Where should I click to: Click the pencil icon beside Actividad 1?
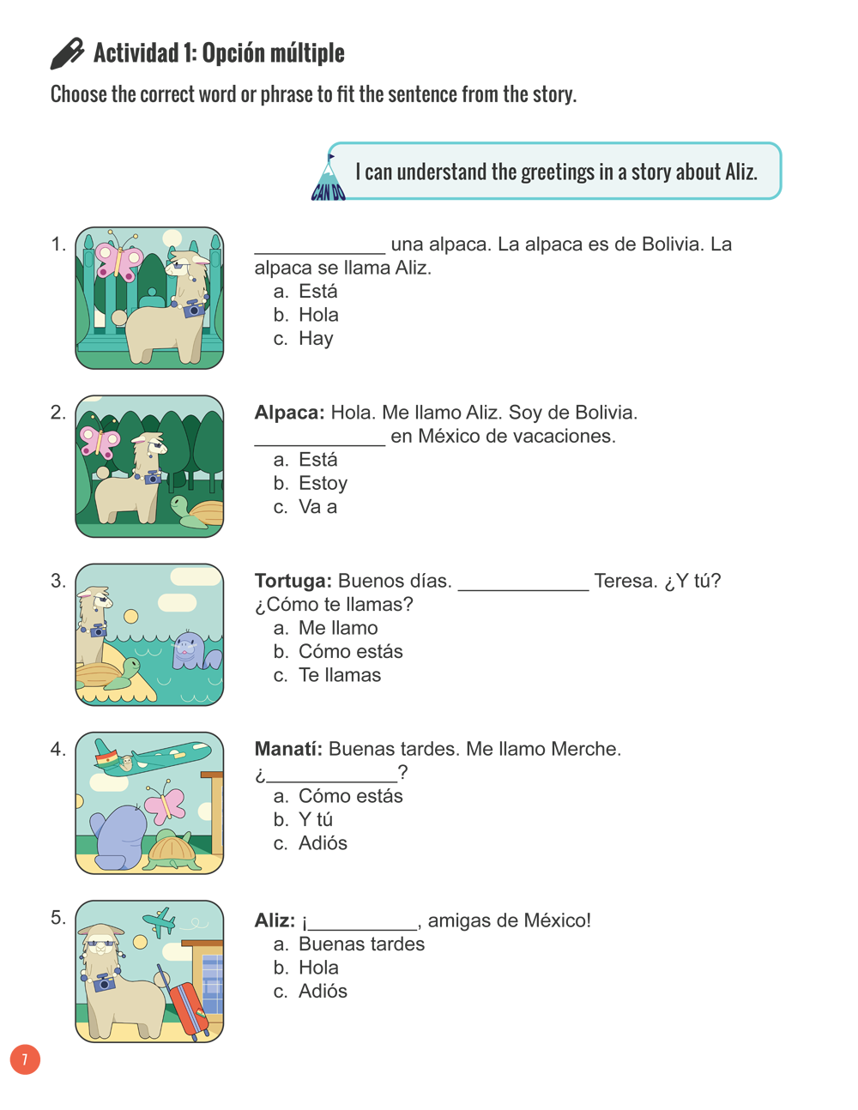tap(67, 53)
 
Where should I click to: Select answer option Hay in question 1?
tap(315, 339)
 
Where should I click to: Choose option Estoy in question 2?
tap(323, 484)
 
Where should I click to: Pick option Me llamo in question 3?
tap(337, 629)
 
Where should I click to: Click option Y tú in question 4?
tap(315, 820)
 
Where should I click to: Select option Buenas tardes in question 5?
tap(361, 944)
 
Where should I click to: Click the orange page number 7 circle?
tap(25, 1059)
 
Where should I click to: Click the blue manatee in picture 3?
tap(190, 650)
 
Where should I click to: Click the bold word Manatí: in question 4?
tap(288, 750)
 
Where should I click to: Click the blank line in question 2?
tap(319, 438)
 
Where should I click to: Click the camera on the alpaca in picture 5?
tap(104, 983)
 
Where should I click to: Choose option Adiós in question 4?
tap(322, 844)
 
